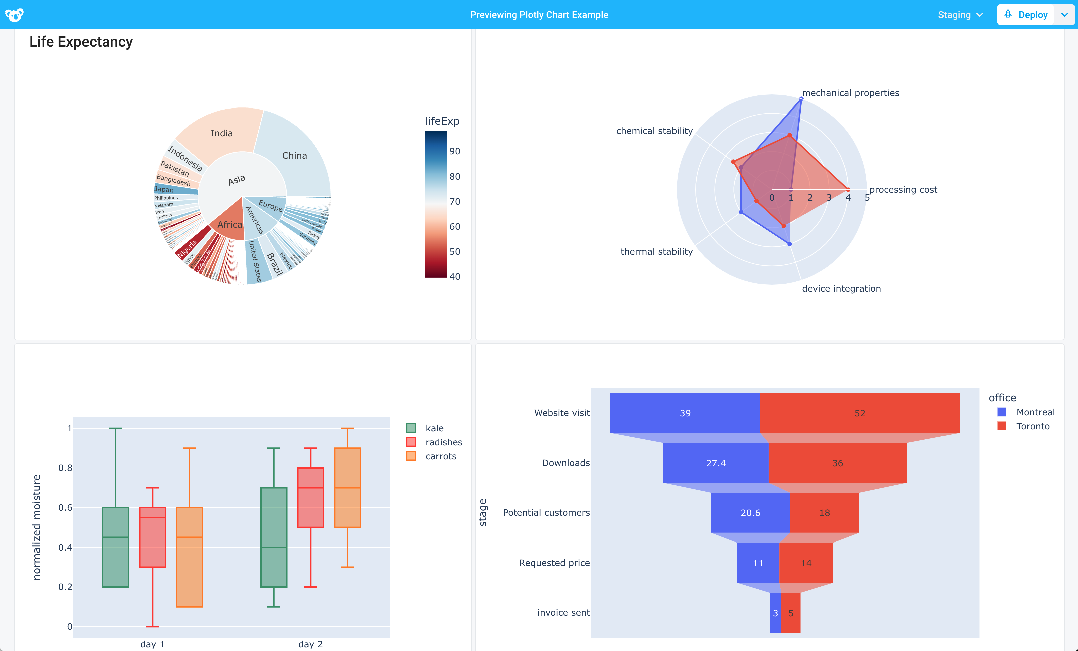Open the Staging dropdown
(x=960, y=15)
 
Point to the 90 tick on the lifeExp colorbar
(x=455, y=151)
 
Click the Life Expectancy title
(x=81, y=42)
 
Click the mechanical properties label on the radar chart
(x=850, y=93)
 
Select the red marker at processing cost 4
(x=848, y=189)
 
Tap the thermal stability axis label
(x=656, y=252)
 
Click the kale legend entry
(x=434, y=428)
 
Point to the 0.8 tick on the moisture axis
(x=66, y=468)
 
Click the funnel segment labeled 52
(x=859, y=413)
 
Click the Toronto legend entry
(x=1032, y=426)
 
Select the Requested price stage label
(x=554, y=563)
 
